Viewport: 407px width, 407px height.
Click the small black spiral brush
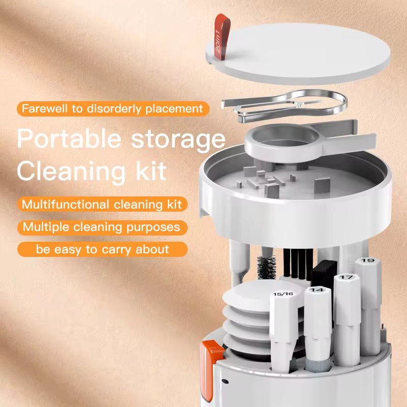(266, 267)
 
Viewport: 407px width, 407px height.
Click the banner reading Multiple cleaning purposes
(102, 227)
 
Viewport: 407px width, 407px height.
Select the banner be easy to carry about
(102, 249)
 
